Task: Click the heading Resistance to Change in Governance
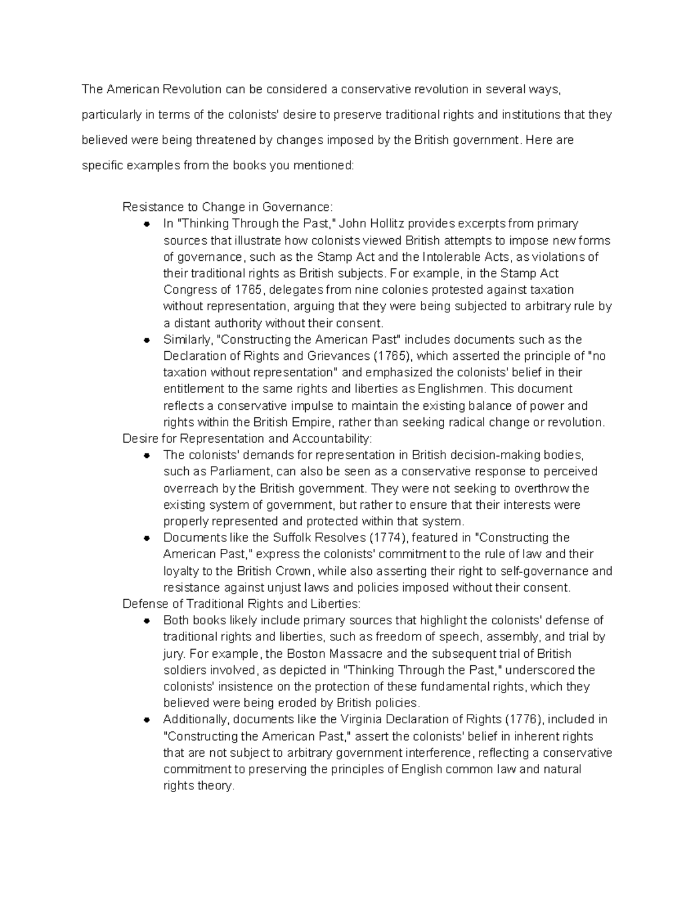(228, 207)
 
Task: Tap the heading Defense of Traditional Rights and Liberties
(242, 604)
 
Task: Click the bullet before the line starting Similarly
(147, 340)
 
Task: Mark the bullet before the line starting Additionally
(147, 720)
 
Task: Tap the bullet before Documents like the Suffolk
(147, 538)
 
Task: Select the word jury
(174, 654)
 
